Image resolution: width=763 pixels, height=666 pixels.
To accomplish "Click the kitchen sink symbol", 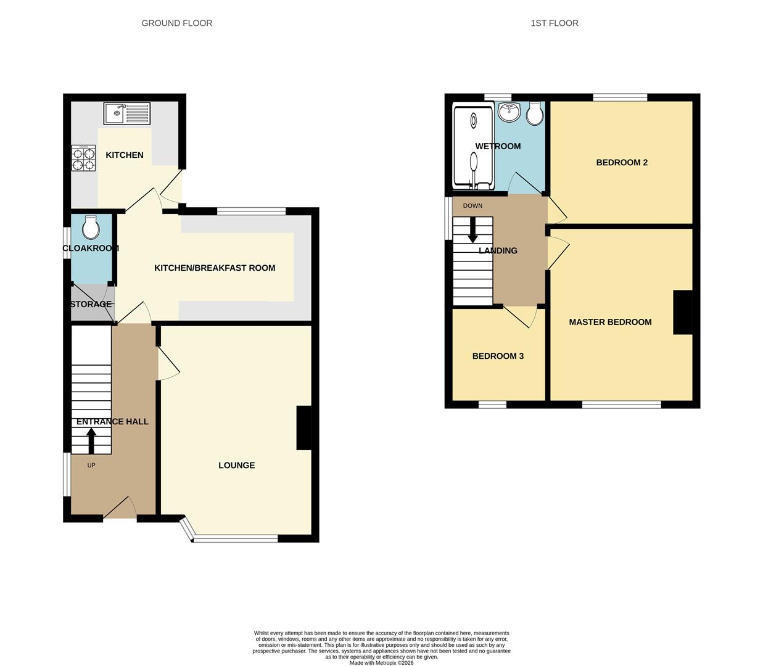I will pos(126,113).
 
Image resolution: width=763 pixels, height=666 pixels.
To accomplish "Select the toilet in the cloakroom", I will pos(91,228).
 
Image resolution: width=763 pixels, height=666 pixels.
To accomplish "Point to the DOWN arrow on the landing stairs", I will pos(473,230).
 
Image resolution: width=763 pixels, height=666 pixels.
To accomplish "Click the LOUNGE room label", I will pos(236,466).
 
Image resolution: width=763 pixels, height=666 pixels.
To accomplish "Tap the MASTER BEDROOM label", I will pos(610,322).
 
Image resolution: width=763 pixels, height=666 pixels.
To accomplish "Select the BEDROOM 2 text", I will pos(622,163).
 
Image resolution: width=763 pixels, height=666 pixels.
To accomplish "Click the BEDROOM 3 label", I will pos(498,356).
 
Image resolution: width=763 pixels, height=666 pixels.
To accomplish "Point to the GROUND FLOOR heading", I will pos(177,23).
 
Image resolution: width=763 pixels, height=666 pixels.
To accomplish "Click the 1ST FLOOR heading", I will pos(554,23).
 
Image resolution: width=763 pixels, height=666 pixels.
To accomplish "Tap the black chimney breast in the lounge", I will pos(304,428).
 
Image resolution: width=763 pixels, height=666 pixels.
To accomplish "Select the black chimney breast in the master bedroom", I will pos(682,312).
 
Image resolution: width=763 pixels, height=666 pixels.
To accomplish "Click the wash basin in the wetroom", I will pos(509,112).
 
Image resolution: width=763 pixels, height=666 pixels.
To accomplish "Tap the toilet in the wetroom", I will pos(535,113).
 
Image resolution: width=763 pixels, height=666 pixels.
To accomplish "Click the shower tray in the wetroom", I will pos(474,147).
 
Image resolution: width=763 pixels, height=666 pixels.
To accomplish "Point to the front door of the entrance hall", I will pos(120,509).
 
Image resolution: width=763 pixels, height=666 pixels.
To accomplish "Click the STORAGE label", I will pos(91,304).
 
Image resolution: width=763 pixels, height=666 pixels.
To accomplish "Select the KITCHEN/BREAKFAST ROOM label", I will pos(215,268).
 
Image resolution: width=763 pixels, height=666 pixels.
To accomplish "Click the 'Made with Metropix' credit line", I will pos(381,663).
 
